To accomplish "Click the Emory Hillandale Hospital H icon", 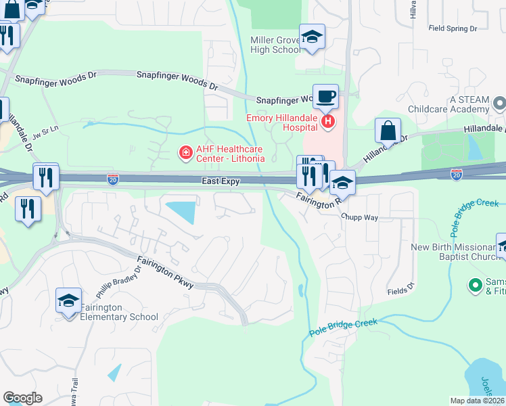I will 328,122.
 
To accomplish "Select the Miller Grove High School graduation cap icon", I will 312,37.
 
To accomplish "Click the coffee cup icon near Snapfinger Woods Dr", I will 325,96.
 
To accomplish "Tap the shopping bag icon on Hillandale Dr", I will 388,130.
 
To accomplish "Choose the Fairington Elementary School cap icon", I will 68,300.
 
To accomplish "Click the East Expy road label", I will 221,181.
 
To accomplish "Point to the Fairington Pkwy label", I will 166,271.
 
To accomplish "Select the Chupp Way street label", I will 359,218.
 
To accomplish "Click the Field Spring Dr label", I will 453,28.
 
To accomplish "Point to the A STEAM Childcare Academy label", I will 448,104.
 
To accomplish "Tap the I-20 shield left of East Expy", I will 113,179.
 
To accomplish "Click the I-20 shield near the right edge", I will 457,174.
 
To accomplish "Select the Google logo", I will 22,398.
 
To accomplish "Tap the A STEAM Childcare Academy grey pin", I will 499,104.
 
